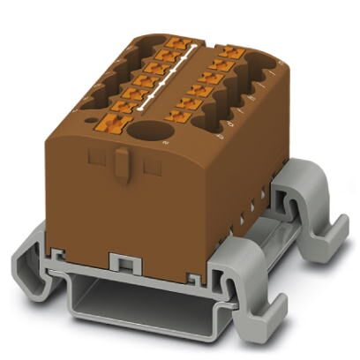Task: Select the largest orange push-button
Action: tap(110, 122)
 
